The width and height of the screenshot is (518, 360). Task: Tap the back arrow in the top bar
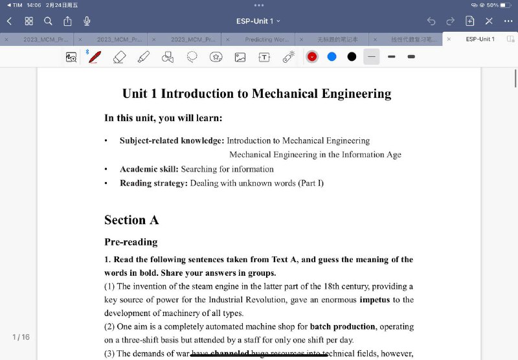(9, 21)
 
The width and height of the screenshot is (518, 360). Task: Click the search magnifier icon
(48, 21)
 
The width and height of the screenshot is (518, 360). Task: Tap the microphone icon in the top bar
(87, 21)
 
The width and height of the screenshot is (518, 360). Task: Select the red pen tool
(95, 57)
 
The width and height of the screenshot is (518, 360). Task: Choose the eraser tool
(119, 57)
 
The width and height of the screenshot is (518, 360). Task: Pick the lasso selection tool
(192, 57)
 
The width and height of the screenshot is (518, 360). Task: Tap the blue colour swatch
(332, 57)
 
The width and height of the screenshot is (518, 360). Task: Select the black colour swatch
(352, 57)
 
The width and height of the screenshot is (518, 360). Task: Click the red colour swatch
(312, 57)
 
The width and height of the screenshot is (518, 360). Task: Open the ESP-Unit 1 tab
(480, 39)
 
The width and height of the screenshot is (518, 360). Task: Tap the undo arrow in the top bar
(431, 21)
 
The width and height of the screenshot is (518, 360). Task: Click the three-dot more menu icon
(508, 21)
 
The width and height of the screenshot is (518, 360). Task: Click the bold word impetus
(375, 300)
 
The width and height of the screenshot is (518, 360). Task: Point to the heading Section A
(131, 220)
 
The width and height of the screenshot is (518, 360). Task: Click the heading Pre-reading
(131, 242)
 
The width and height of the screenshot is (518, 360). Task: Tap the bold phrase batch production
(343, 326)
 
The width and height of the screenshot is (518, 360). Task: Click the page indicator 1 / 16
(21, 337)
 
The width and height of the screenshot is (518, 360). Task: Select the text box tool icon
(264, 57)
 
